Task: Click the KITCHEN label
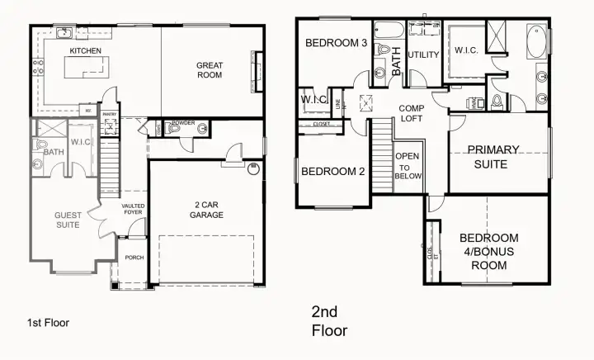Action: [85, 51]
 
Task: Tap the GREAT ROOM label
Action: [210, 71]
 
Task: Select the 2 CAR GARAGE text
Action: [206, 210]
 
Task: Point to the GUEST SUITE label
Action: [68, 220]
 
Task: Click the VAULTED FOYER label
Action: [134, 210]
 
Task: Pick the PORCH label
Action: [134, 258]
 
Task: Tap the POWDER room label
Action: [183, 123]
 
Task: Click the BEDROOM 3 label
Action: [336, 43]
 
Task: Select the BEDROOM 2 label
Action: [332, 172]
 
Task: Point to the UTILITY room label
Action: [423, 55]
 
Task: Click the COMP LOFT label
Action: [411, 114]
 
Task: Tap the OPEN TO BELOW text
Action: [408, 166]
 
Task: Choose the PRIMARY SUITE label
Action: [493, 157]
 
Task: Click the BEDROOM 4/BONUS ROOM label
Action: [489, 252]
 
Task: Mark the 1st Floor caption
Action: [49, 323]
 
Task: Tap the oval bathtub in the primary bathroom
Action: [535, 42]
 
